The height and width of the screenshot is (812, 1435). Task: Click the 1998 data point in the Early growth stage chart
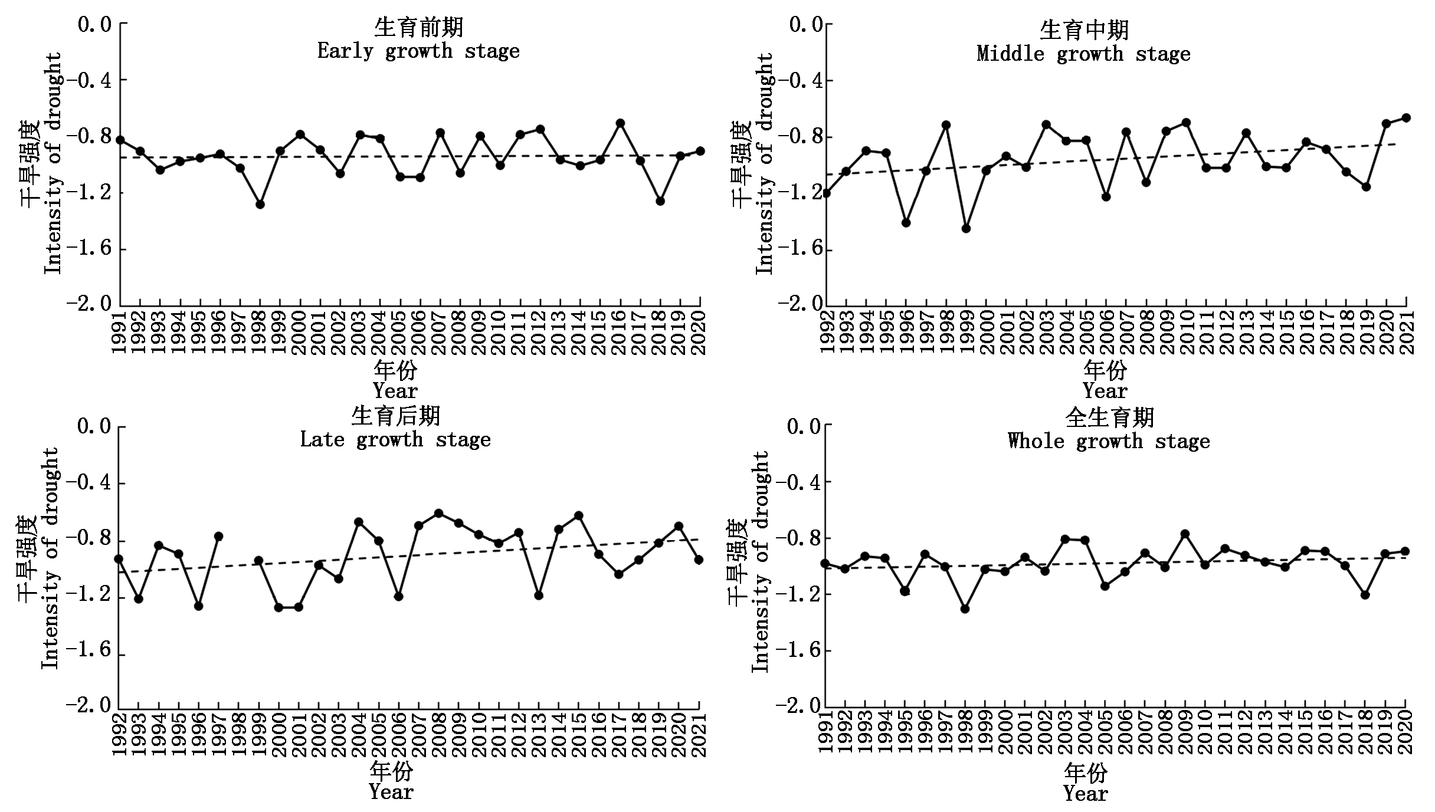(260, 204)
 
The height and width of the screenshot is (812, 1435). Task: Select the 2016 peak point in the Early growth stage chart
(620, 123)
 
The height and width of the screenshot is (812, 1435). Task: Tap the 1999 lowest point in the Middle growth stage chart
(966, 229)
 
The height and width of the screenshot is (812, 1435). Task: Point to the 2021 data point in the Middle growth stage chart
(1406, 118)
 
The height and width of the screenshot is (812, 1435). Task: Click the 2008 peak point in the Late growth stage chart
(438, 513)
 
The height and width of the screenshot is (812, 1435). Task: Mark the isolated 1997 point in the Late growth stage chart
(218, 536)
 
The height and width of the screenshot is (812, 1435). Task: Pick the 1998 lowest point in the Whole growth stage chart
(965, 609)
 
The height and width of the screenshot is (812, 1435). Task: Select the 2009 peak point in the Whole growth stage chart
(1185, 534)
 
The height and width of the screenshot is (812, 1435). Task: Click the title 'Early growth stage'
(418, 51)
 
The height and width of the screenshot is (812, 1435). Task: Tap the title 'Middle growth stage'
(1083, 54)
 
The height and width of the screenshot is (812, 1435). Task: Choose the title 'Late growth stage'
(395, 440)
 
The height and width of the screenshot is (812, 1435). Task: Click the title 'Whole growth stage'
(1109, 442)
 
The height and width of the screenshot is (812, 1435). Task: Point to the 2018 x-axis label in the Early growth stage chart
(660, 333)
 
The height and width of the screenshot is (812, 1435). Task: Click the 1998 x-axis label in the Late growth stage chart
(239, 735)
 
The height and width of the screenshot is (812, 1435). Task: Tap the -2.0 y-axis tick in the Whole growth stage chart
(797, 706)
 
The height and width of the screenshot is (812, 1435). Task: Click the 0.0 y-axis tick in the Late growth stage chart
(94, 426)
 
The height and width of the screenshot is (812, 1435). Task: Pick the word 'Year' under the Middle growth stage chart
(1105, 391)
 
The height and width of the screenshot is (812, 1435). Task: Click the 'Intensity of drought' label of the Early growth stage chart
(53, 163)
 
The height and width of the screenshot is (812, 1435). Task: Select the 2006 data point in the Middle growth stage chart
(1106, 196)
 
